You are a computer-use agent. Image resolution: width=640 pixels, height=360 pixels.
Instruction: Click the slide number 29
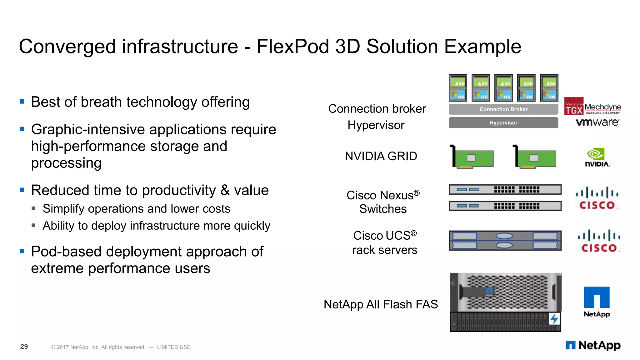(24, 347)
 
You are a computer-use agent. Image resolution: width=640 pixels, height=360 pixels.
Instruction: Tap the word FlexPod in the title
(292, 47)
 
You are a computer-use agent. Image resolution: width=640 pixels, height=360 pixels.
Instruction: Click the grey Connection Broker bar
(503, 109)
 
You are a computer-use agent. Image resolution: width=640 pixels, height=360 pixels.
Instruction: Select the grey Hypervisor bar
(503, 123)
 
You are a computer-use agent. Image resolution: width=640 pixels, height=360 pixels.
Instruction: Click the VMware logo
(597, 122)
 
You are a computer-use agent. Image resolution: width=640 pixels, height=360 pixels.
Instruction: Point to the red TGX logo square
(574, 107)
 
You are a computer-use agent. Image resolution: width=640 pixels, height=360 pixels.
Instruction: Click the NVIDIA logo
(597, 157)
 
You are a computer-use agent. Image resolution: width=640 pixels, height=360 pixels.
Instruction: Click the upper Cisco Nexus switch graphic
(505, 189)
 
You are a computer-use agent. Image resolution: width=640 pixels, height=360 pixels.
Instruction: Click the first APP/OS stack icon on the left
(458, 88)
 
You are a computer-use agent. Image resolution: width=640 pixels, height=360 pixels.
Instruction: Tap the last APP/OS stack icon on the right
(549, 88)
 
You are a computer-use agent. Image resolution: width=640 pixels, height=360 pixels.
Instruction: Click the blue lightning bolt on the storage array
(554, 319)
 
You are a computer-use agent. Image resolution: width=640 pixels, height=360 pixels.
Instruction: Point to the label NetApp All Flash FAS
(381, 304)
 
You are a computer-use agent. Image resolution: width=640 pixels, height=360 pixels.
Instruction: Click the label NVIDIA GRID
(381, 156)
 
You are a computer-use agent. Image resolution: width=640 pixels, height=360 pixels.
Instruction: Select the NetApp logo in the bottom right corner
(593, 345)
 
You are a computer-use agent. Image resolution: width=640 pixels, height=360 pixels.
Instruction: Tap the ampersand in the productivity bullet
(225, 190)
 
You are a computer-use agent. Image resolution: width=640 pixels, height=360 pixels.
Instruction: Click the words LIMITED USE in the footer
(174, 347)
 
